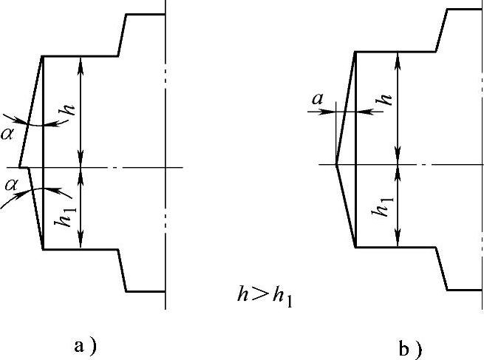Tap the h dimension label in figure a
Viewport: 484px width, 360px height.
click(69, 109)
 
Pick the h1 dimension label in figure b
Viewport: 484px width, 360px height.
click(384, 207)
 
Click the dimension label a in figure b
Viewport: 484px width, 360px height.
click(319, 96)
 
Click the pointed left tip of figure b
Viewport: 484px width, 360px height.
click(336, 164)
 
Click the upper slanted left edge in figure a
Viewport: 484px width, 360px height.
click(30, 111)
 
